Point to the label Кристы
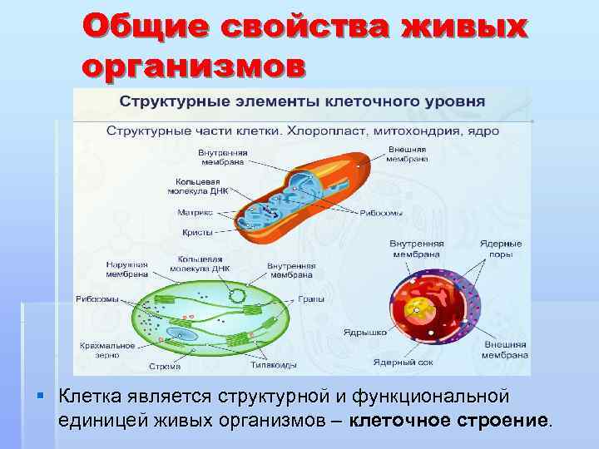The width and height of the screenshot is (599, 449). pyautogui.click(x=196, y=232)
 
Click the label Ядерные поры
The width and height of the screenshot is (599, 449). pyautogui.click(x=501, y=248)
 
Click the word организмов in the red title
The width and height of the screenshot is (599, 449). pyautogui.click(x=194, y=66)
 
